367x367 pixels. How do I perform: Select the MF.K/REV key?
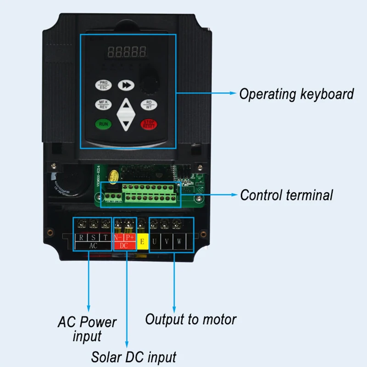click(103, 105)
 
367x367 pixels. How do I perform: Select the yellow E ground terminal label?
click(142, 241)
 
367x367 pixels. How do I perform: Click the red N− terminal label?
click(118, 238)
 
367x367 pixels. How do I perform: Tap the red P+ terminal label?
click(130, 238)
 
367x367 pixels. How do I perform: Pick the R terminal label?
click(81, 238)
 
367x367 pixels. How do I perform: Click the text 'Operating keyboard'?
click(296, 94)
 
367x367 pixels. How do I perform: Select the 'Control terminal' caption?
click(286, 195)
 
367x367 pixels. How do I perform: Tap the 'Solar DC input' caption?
click(133, 356)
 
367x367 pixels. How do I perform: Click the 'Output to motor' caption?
click(191, 319)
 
